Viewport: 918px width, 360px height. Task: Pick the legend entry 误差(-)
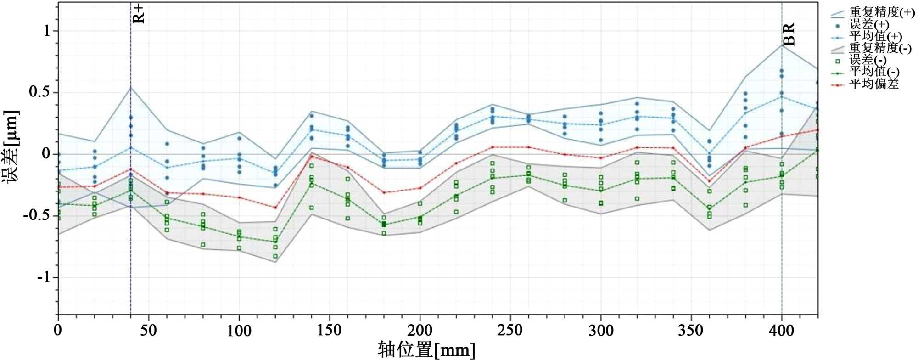(867, 60)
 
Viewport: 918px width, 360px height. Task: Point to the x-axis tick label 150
(329, 331)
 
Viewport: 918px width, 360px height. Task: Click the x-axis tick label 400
(781, 331)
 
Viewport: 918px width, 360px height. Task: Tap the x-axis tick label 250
(510, 331)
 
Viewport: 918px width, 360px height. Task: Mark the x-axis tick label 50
(148, 331)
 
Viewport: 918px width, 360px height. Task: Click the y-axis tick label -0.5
(37, 215)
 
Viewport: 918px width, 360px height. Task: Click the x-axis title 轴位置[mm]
(426, 350)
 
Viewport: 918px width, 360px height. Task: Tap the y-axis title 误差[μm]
(11, 147)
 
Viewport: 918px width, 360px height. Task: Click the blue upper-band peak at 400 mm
(782, 45)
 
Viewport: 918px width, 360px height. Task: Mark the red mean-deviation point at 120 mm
(275, 208)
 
